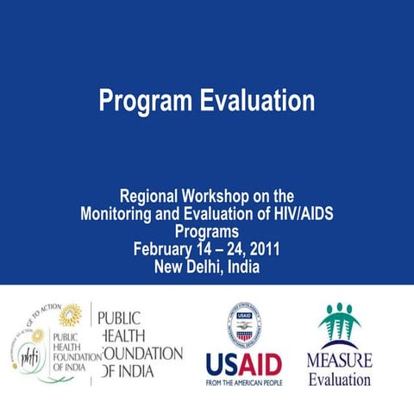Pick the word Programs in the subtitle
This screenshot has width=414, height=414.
[206, 232]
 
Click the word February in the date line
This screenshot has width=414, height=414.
[164, 249]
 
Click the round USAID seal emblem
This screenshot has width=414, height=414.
[244, 325]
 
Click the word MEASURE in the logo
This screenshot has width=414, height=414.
[340, 360]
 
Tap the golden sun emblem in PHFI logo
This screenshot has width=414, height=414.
[70, 316]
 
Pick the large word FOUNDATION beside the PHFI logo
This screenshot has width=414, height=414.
[142, 353]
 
